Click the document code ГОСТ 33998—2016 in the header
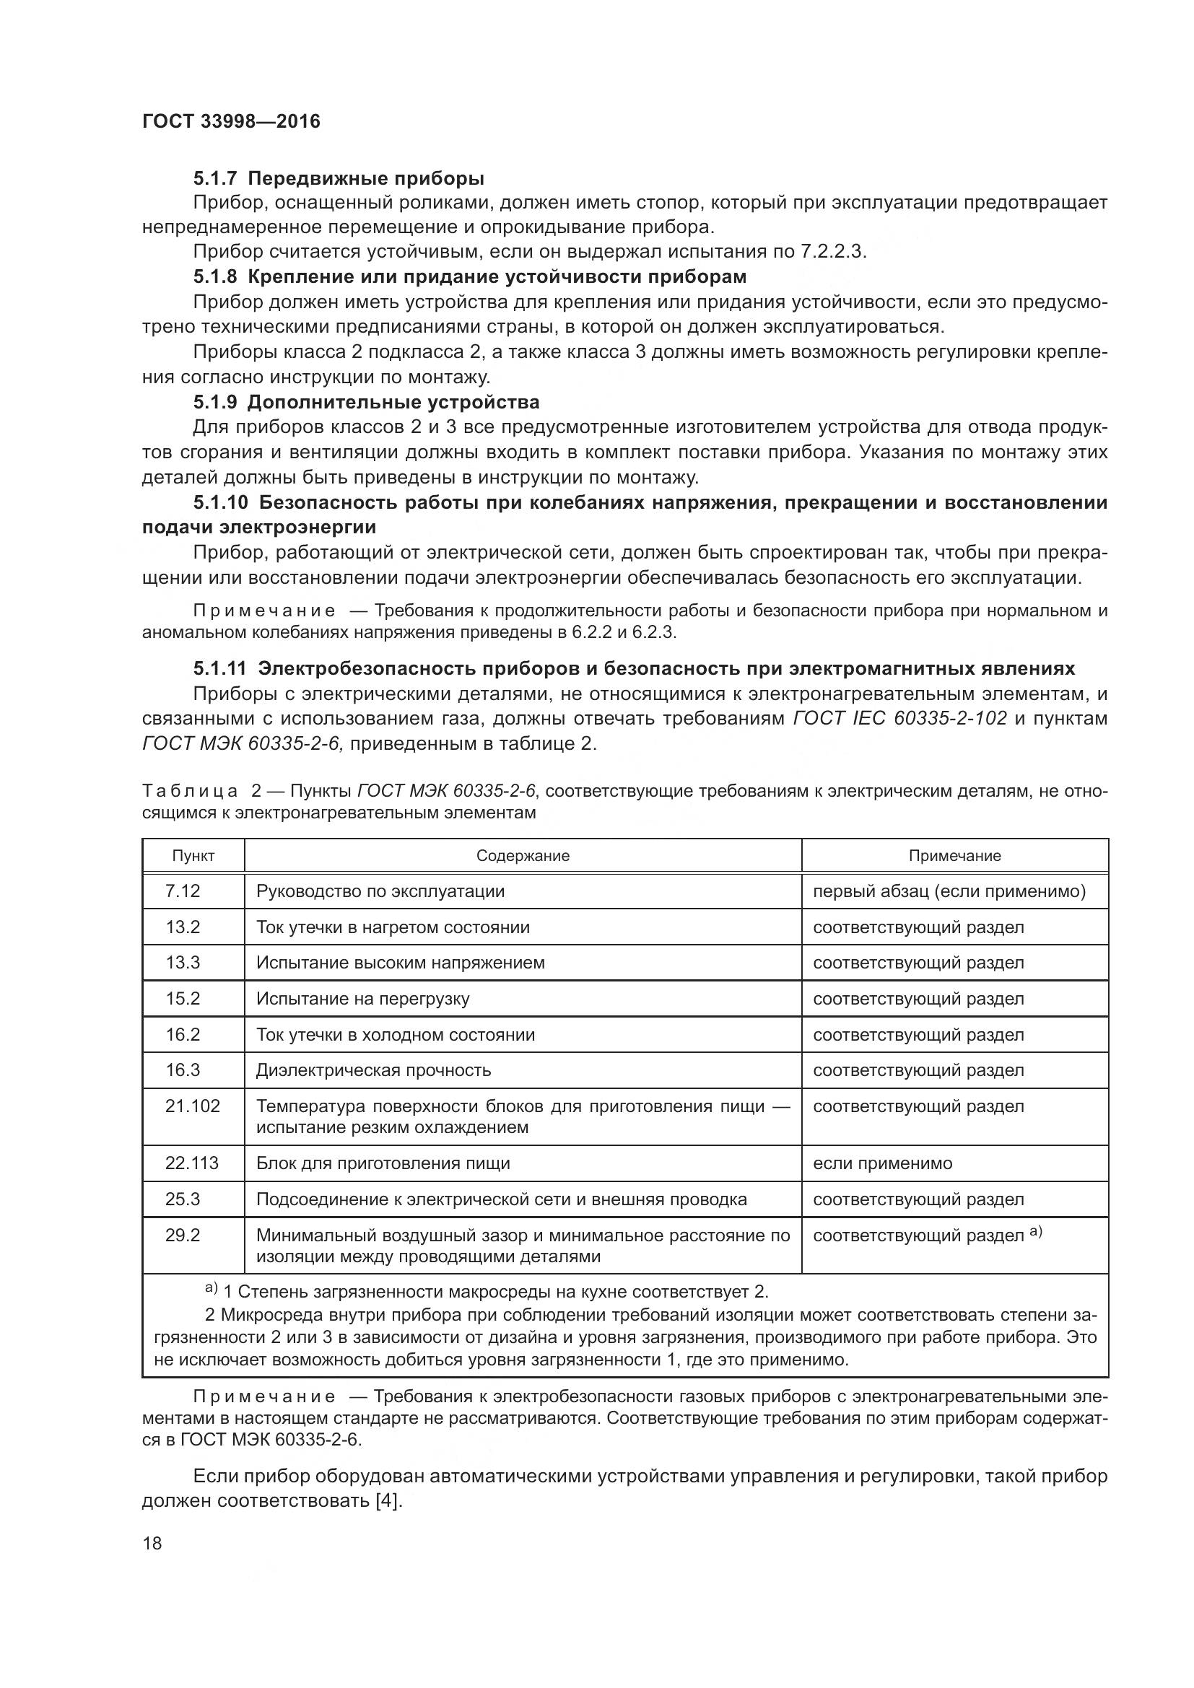click(x=231, y=121)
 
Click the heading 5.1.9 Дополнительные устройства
click(x=366, y=402)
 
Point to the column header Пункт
click(x=193, y=856)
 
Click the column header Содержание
click(x=523, y=856)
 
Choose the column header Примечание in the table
click(x=954, y=856)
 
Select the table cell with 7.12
click(x=183, y=891)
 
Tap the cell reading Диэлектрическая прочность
click(x=373, y=1070)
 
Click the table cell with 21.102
click(x=193, y=1106)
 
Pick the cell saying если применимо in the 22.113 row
click(x=882, y=1163)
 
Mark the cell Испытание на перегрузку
click(x=362, y=998)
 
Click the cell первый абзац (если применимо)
click(x=949, y=891)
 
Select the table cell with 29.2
click(x=183, y=1235)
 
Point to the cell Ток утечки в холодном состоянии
click(x=396, y=1034)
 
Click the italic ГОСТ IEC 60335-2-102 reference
click(x=900, y=718)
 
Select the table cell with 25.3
click(x=183, y=1199)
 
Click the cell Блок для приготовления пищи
click(x=383, y=1163)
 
